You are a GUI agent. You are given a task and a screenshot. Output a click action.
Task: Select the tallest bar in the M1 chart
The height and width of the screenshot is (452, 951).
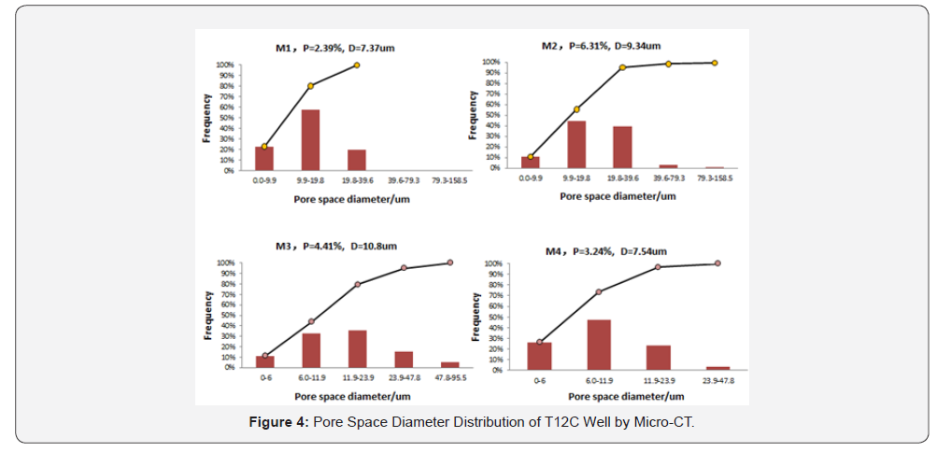(310, 140)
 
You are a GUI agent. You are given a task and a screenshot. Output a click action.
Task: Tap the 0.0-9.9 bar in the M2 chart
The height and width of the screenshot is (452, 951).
(531, 162)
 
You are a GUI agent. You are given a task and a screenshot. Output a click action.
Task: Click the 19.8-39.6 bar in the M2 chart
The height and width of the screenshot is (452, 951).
(622, 147)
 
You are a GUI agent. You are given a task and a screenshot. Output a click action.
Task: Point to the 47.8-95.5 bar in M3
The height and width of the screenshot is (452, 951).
(449, 364)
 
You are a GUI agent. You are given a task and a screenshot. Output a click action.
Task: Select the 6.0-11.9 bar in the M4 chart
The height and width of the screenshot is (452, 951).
(599, 345)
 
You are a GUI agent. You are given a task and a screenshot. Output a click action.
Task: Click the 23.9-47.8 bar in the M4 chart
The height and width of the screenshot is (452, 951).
(718, 368)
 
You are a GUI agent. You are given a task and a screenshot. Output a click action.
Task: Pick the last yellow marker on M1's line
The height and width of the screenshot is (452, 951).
(356, 65)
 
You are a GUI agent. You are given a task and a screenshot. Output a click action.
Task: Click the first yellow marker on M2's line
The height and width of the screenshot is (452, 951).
(531, 157)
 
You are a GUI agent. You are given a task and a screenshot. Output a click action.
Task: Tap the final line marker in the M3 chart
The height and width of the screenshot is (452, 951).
(449, 262)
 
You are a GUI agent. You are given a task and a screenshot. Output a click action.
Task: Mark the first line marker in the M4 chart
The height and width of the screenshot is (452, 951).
(539, 342)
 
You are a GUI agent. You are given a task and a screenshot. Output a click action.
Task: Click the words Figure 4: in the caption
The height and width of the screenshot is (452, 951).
(278, 423)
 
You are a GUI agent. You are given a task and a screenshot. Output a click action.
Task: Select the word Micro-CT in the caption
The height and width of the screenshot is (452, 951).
(665, 423)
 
